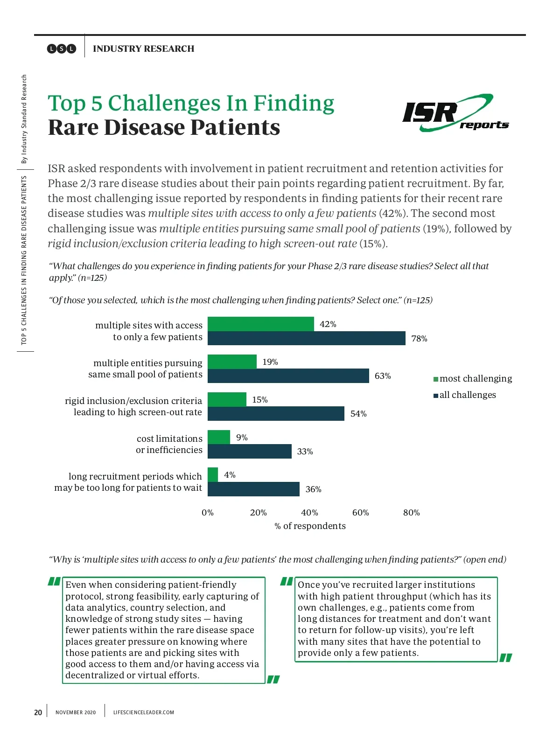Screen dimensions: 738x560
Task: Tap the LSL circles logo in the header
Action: pos(61,49)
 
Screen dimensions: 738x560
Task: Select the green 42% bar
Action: pos(260,324)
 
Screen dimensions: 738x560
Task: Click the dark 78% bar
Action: pos(306,338)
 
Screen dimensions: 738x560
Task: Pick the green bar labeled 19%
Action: pos(232,362)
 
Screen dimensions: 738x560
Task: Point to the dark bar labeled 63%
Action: pos(288,376)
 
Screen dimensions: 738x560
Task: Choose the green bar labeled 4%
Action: pos(213,475)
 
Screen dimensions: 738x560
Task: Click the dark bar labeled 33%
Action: pos(249,451)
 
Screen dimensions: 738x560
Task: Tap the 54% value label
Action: pos(358,414)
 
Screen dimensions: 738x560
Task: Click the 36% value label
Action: pos(313,489)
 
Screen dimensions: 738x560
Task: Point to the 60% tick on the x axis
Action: pos(360,513)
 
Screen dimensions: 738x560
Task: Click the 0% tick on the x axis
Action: pos(208,513)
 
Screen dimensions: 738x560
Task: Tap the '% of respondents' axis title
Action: pos(310,526)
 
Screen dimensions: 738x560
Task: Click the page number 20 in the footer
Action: pos(38,712)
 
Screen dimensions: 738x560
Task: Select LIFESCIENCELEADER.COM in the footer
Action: pos(143,712)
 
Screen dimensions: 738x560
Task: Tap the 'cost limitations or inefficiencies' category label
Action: pos(169,444)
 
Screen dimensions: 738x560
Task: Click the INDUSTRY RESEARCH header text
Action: pos(143,49)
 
